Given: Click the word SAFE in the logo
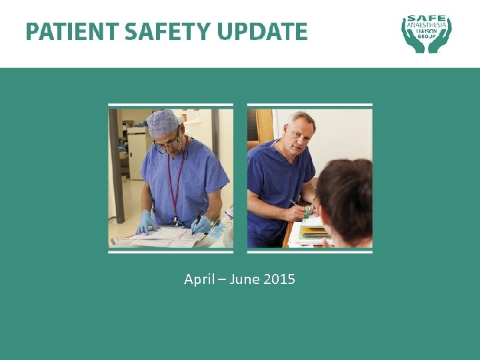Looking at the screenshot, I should tap(427, 19).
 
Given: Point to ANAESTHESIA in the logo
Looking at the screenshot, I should tap(427, 27).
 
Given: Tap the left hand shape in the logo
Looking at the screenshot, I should tap(409, 37).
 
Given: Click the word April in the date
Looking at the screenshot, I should tap(199, 279).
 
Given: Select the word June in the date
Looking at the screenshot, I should tap(244, 279).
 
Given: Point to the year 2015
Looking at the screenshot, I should tap(279, 279).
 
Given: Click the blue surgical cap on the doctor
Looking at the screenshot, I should tap(163, 123).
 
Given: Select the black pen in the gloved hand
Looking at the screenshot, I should tap(198, 220).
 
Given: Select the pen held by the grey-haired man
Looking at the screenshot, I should tap(295, 203).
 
